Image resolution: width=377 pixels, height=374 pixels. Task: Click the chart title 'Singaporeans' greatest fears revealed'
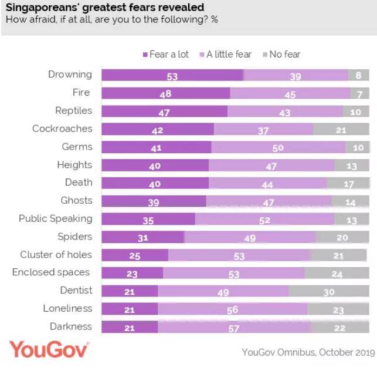pos(106,8)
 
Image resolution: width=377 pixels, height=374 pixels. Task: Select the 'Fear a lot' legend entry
pos(166,54)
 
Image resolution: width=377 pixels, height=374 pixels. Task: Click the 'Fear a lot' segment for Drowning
pos(172,76)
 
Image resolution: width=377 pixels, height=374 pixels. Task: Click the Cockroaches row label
pos(62,129)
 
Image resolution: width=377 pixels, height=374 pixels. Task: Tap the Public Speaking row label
pos(56,218)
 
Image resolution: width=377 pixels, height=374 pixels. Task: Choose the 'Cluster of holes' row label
pos(56,254)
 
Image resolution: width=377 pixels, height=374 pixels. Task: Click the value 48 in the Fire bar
pos(165,94)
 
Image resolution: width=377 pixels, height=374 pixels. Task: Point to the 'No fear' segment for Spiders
pos(342,238)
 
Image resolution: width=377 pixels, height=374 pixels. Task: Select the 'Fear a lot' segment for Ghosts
pos(154,202)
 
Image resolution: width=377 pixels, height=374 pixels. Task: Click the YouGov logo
pos(49,350)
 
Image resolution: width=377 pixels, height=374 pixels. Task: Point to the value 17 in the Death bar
pos(348,184)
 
